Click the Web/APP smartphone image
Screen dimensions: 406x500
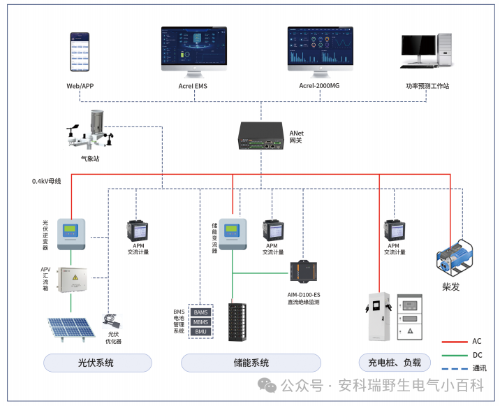(80, 52)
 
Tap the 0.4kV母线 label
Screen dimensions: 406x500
(47, 181)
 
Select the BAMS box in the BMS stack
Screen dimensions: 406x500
(200, 312)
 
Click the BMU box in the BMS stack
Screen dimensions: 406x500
(200, 331)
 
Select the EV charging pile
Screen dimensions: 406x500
(378, 316)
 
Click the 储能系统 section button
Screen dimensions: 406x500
(251, 363)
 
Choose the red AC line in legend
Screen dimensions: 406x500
(454, 342)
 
